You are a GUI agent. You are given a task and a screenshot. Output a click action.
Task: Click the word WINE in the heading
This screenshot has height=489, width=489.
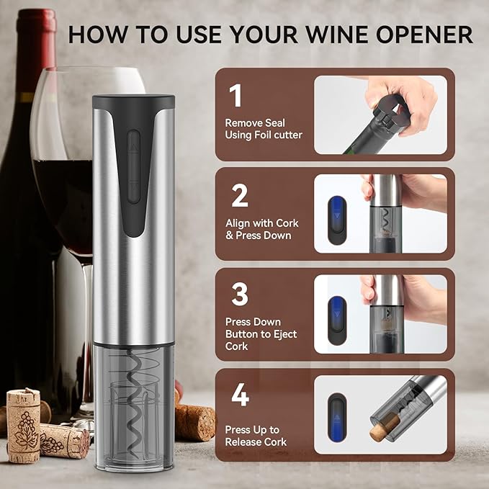click(x=337, y=34)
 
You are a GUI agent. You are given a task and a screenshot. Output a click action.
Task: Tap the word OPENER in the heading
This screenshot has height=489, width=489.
click(x=424, y=34)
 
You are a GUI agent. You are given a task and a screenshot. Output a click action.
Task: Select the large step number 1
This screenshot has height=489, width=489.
click(x=235, y=96)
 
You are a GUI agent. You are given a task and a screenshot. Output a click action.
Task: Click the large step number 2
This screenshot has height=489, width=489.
click(x=240, y=196)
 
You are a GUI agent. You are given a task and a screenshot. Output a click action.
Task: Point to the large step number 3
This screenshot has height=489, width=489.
click(x=240, y=294)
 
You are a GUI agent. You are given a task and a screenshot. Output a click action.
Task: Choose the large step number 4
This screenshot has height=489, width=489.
click(x=240, y=395)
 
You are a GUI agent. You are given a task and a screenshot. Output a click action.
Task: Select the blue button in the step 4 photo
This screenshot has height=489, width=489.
click(x=337, y=417)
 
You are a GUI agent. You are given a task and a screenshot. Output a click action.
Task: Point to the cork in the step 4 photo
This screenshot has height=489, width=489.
click(x=385, y=426)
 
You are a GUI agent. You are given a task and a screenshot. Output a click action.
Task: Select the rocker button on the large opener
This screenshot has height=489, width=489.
click(x=133, y=167)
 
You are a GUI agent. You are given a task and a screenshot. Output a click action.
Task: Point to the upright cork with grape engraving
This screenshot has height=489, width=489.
click(x=23, y=426)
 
